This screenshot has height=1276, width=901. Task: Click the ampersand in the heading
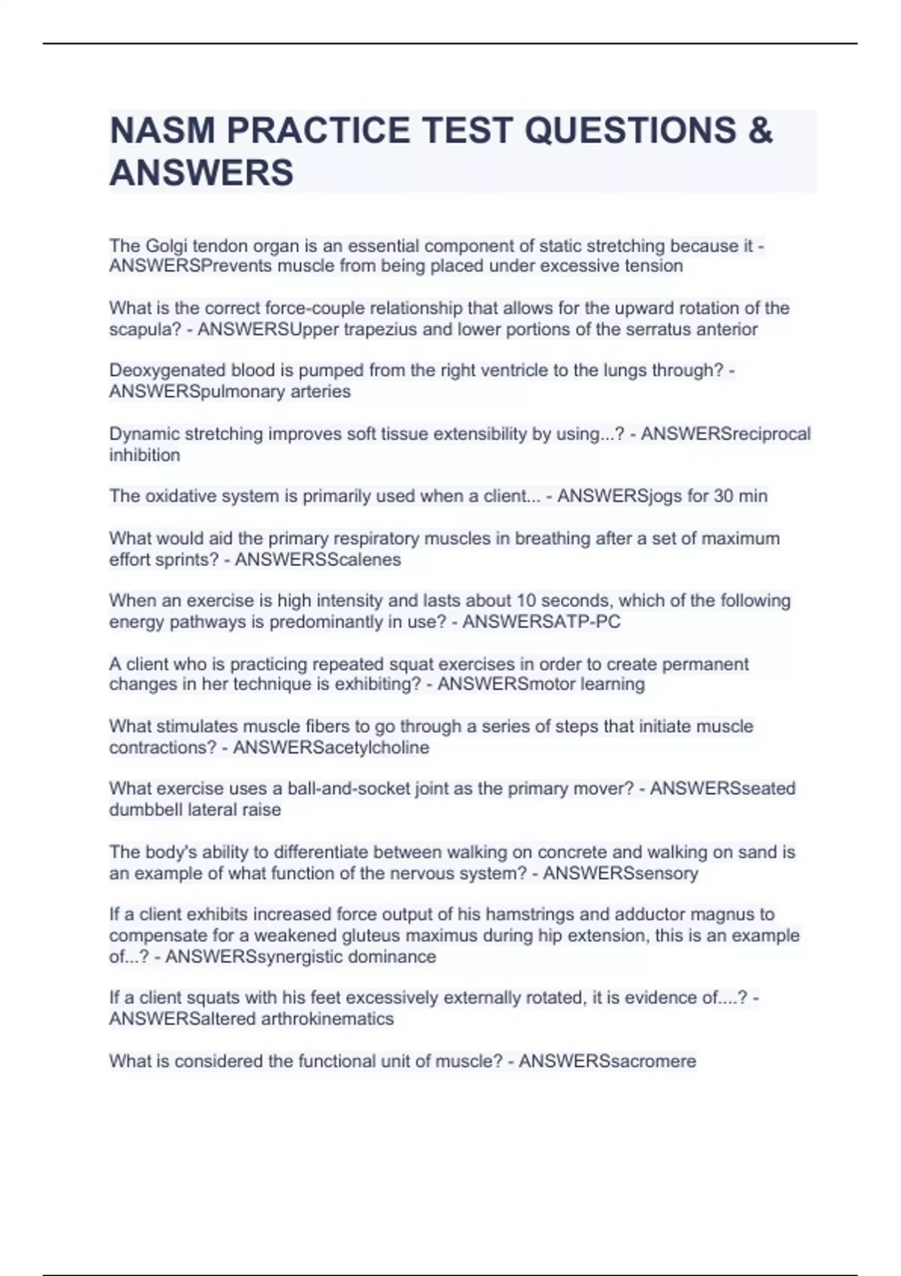760,131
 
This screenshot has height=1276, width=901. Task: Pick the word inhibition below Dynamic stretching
144,455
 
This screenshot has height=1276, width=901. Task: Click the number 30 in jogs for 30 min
719,496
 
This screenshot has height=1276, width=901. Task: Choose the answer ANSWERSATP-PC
541,622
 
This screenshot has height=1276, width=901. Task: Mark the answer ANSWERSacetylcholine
331,748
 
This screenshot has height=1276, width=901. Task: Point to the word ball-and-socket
351,789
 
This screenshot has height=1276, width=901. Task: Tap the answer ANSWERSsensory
620,874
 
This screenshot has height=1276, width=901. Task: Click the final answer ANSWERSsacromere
607,1061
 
